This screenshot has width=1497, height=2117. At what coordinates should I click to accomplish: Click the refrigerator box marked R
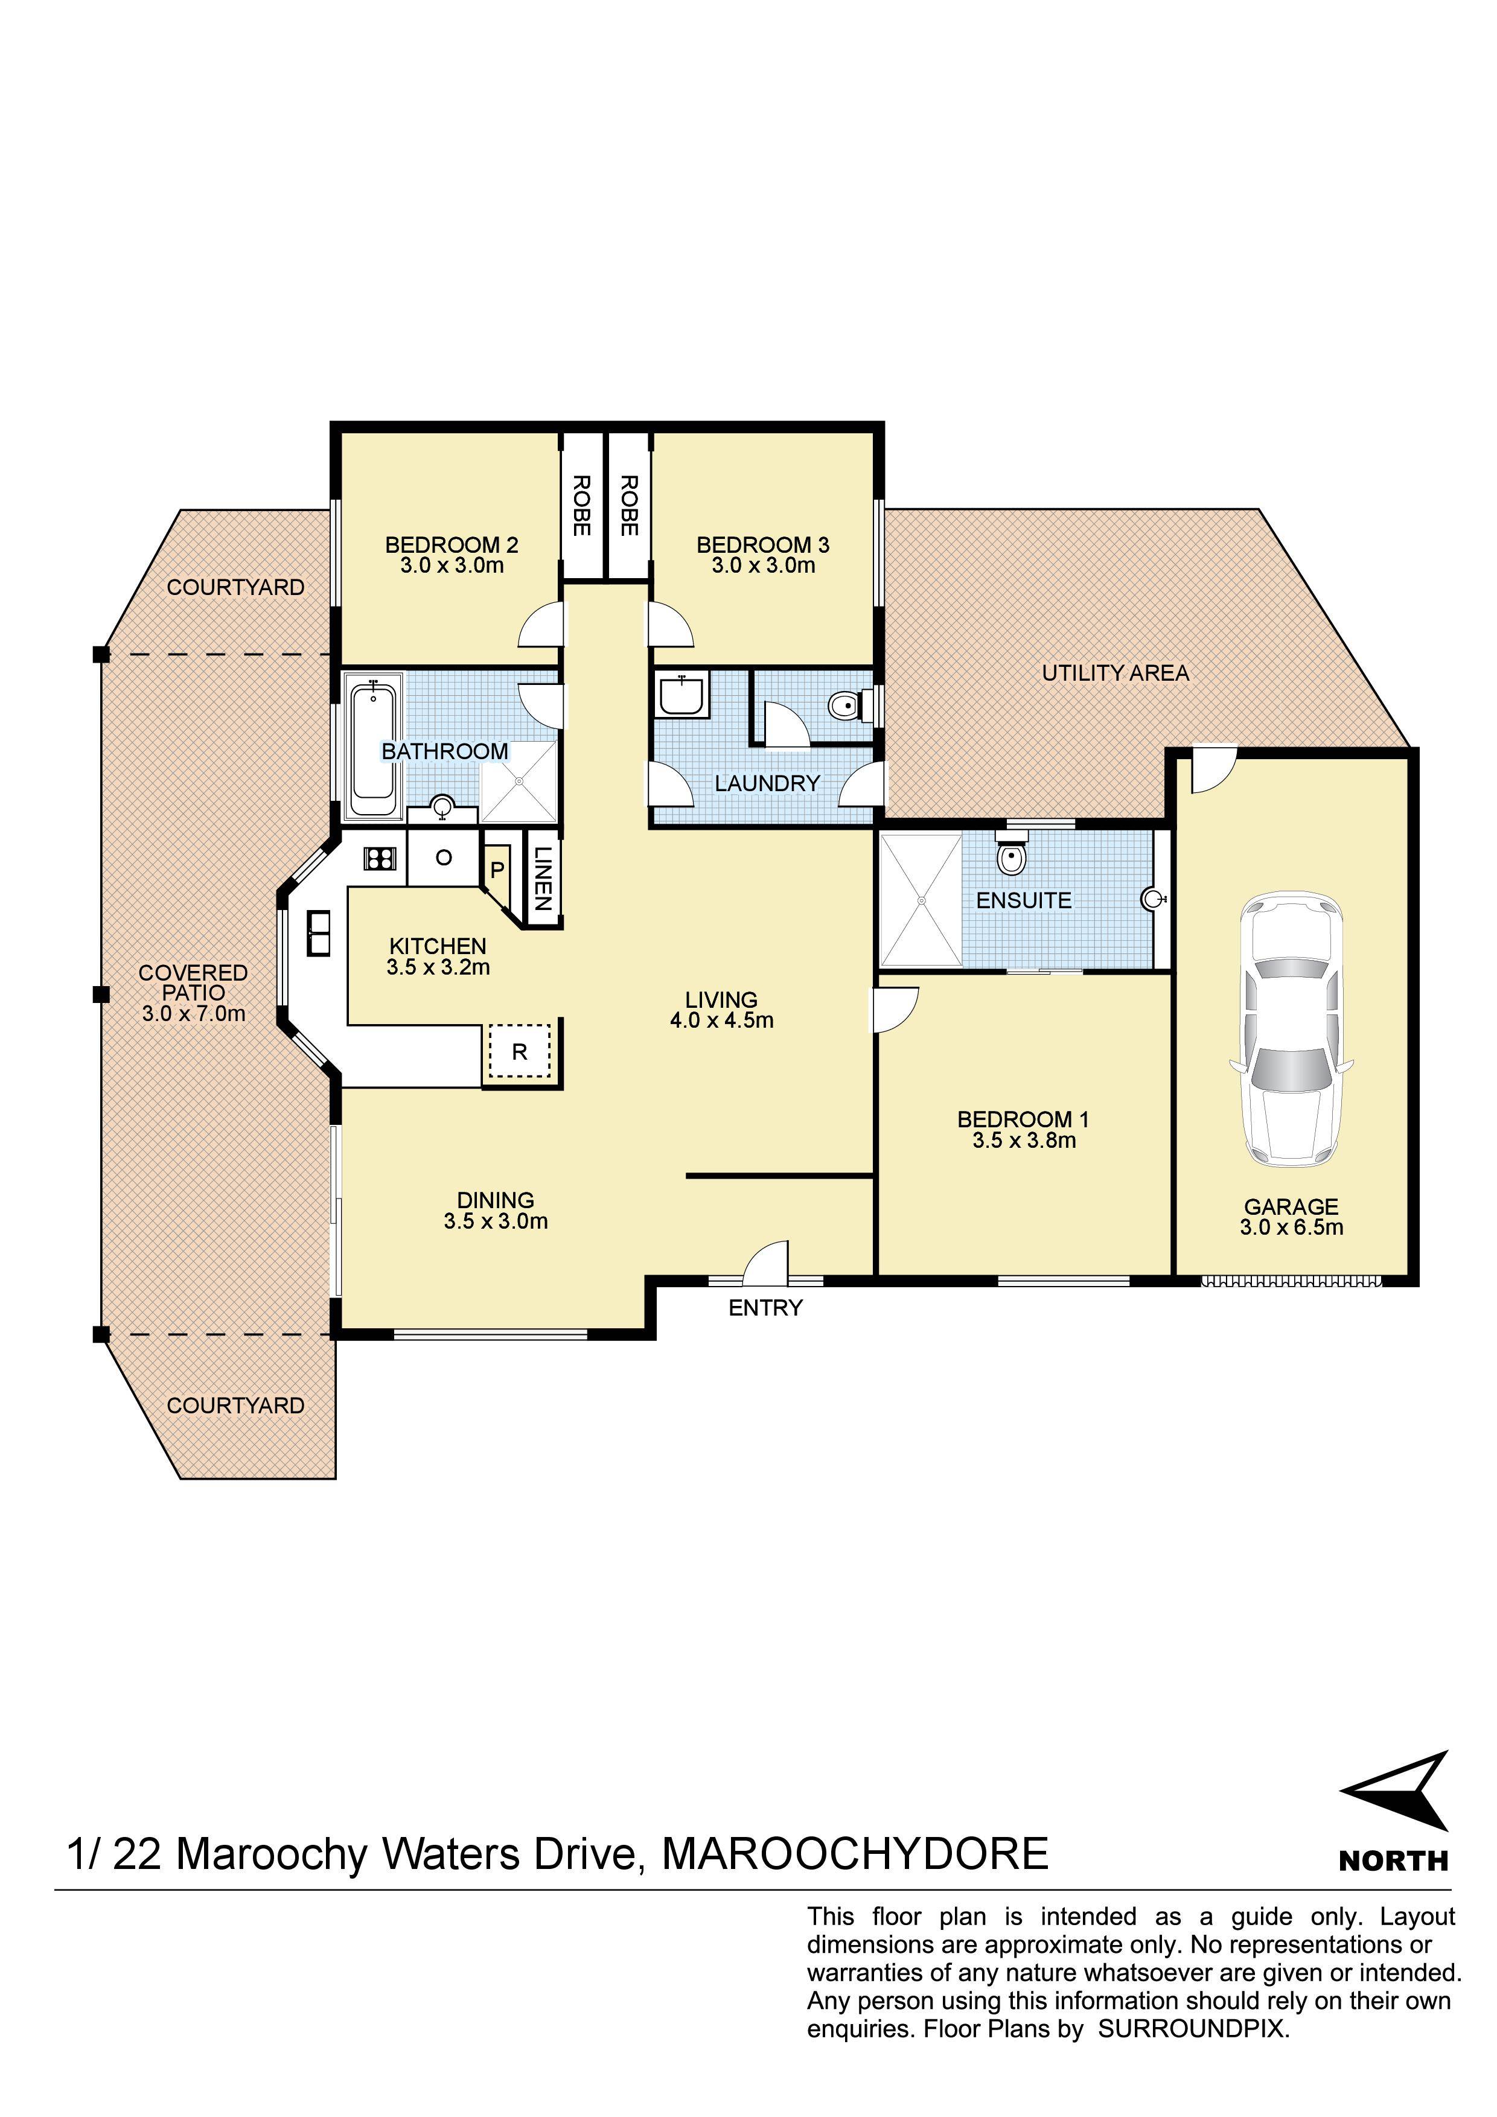pyautogui.click(x=519, y=1051)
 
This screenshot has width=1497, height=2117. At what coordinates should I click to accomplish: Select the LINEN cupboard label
pyautogui.click(x=543, y=879)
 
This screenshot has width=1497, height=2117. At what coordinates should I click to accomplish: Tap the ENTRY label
pyautogui.click(x=765, y=1308)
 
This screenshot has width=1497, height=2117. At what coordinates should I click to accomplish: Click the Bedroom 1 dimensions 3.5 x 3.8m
pyautogui.click(x=1024, y=1141)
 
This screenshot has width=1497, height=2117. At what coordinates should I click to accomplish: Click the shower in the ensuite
pyautogui.click(x=921, y=899)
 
